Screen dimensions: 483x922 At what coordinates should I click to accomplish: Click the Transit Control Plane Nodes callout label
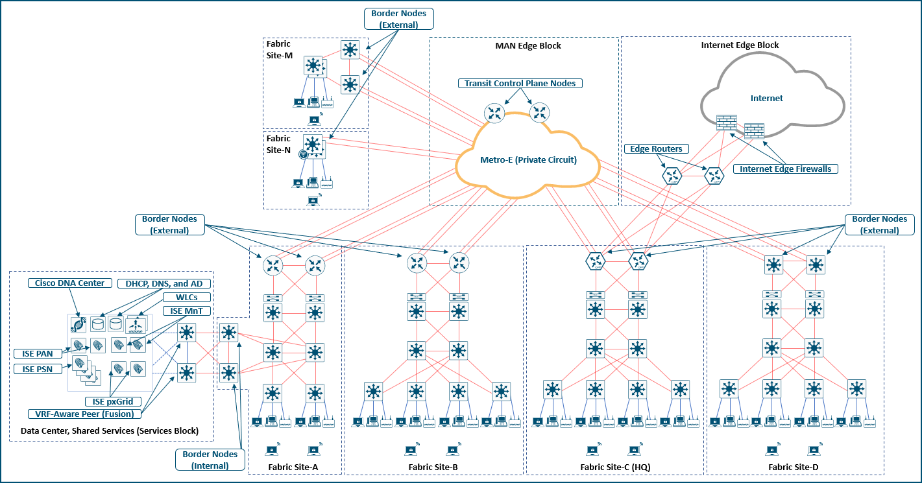520,84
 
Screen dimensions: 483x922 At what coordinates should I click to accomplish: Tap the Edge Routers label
656,149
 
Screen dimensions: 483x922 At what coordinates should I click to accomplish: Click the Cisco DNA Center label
69,283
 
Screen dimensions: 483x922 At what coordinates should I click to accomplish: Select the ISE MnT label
186,311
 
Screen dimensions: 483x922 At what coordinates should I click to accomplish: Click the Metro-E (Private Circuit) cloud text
528,159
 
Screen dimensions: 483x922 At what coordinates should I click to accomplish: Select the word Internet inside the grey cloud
766,99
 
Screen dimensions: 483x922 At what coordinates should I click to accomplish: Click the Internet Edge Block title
740,45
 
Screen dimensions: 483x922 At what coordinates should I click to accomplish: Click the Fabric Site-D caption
794,467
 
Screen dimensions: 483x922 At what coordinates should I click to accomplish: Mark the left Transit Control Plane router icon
494,113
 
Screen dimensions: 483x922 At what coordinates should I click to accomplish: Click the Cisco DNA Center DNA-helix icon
78,324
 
